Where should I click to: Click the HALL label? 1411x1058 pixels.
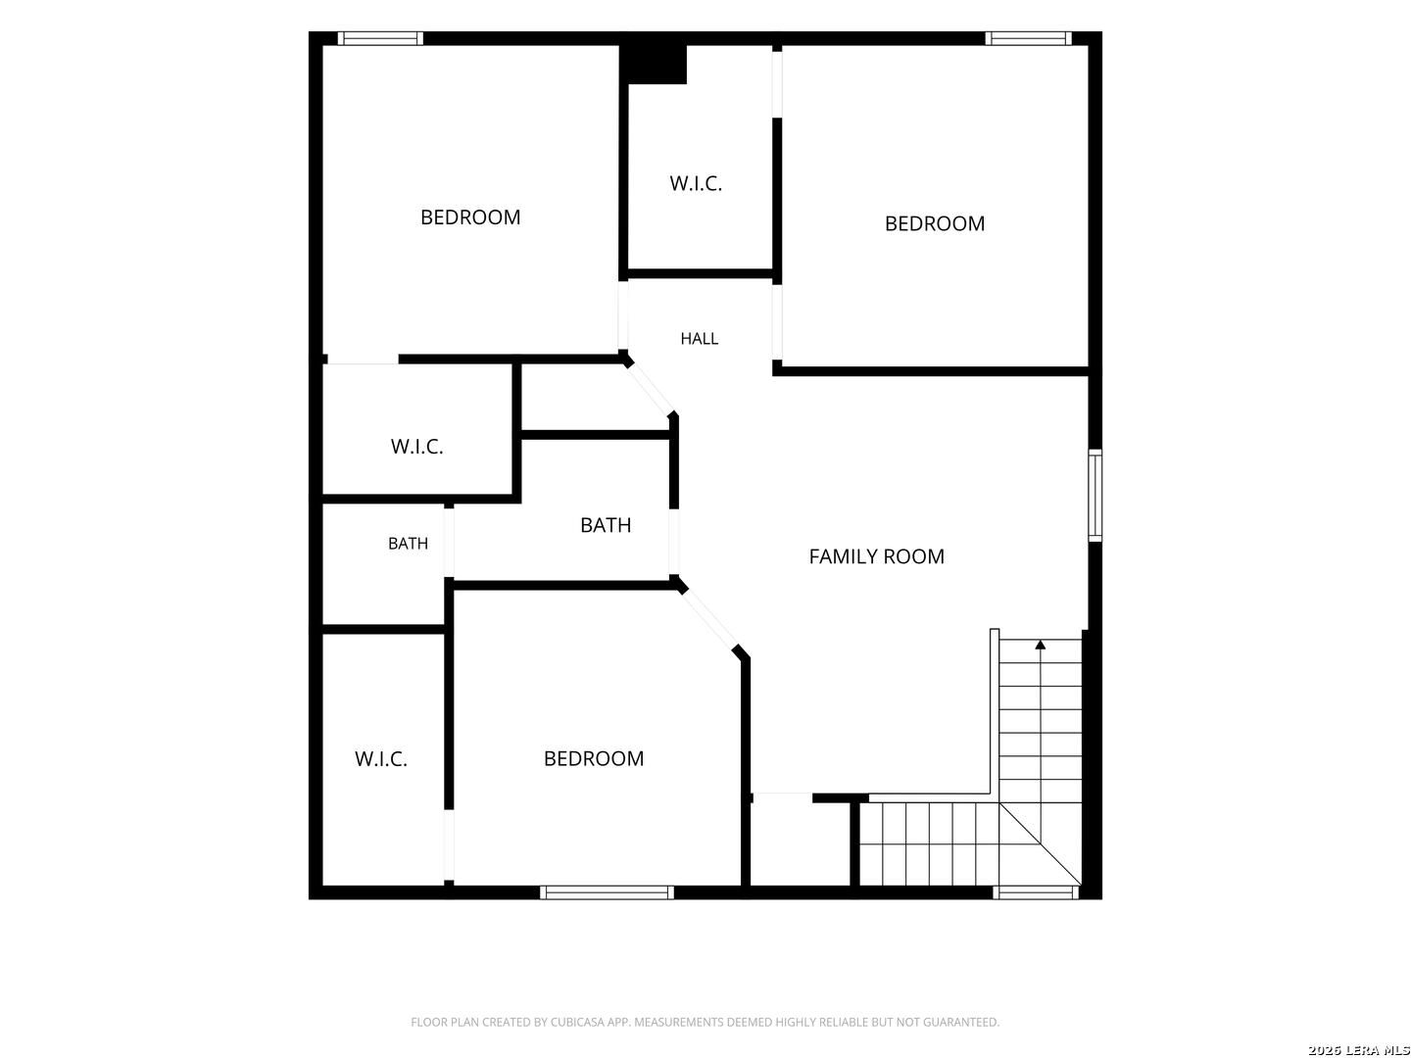(699, 339)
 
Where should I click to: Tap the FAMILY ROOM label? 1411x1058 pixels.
(876, 556)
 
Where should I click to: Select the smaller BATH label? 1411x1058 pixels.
(408, 544)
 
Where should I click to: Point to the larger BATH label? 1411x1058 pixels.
(605, 525)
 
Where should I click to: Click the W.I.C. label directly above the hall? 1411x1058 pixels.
(696, 184)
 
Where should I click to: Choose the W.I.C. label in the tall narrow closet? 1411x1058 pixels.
(380, 759)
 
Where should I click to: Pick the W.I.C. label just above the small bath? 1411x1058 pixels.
(416, 447)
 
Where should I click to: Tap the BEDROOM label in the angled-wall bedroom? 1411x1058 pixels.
(594, 758)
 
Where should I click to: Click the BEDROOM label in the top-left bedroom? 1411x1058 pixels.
(470, 217)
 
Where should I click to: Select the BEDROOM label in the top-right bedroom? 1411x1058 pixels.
(934, 223)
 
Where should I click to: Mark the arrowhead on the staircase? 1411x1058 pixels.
(1040, 645)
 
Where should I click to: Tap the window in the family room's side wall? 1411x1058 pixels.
(1095, 496)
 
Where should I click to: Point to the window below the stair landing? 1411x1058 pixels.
(1036, 892)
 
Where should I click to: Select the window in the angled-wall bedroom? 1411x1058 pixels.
(607, 892)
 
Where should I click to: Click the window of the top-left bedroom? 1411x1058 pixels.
(380, 38)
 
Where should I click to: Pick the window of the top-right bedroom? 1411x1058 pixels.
(1029, 38)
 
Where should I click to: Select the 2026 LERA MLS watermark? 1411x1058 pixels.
(1358, 1049)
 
